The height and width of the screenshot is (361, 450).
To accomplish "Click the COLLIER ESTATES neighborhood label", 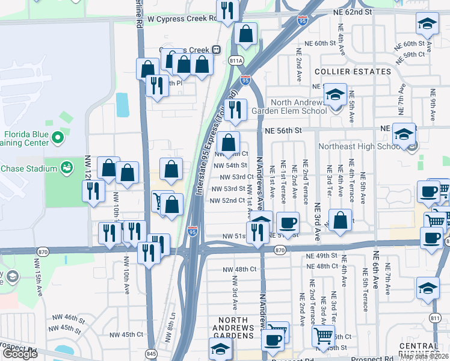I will coord(353,72).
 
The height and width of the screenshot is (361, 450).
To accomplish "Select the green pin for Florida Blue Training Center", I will coord(58,139).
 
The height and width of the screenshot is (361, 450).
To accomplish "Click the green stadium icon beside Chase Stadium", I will coord(67,168).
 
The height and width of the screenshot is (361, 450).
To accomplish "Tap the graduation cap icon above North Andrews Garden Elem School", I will coord(335,95).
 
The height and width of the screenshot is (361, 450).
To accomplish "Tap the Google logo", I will coord(20,353).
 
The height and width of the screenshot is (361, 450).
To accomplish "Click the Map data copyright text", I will coord(424,356).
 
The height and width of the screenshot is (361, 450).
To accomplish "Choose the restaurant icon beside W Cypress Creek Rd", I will coord(227,11).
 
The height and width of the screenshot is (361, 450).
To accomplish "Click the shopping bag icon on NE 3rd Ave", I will coord(341,221).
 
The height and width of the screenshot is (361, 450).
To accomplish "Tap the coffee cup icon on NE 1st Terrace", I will coord(288,222).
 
